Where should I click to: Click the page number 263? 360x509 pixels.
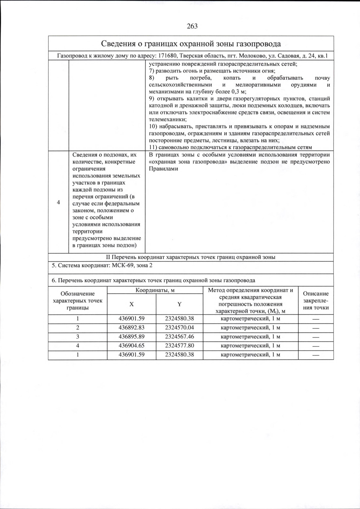(192, 26)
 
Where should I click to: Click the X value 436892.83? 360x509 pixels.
(131, 328)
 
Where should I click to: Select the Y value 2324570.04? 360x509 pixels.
(179, 328)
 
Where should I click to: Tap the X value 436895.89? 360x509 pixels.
(131, 337)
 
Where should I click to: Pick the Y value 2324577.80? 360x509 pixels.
(179, 346)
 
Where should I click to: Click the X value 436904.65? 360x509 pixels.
(131, 346)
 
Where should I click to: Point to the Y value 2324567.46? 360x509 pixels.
(179, 337)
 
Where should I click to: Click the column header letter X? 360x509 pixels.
(131, 304)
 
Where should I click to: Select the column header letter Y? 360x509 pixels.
(179, 304)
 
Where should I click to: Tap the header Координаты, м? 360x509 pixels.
(155, 290)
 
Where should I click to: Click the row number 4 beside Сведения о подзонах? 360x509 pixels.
(58, 203)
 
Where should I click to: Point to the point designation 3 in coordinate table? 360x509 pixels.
(77, 337)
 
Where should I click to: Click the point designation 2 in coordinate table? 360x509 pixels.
(77, 328)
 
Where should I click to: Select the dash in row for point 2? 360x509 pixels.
(316, 328)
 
